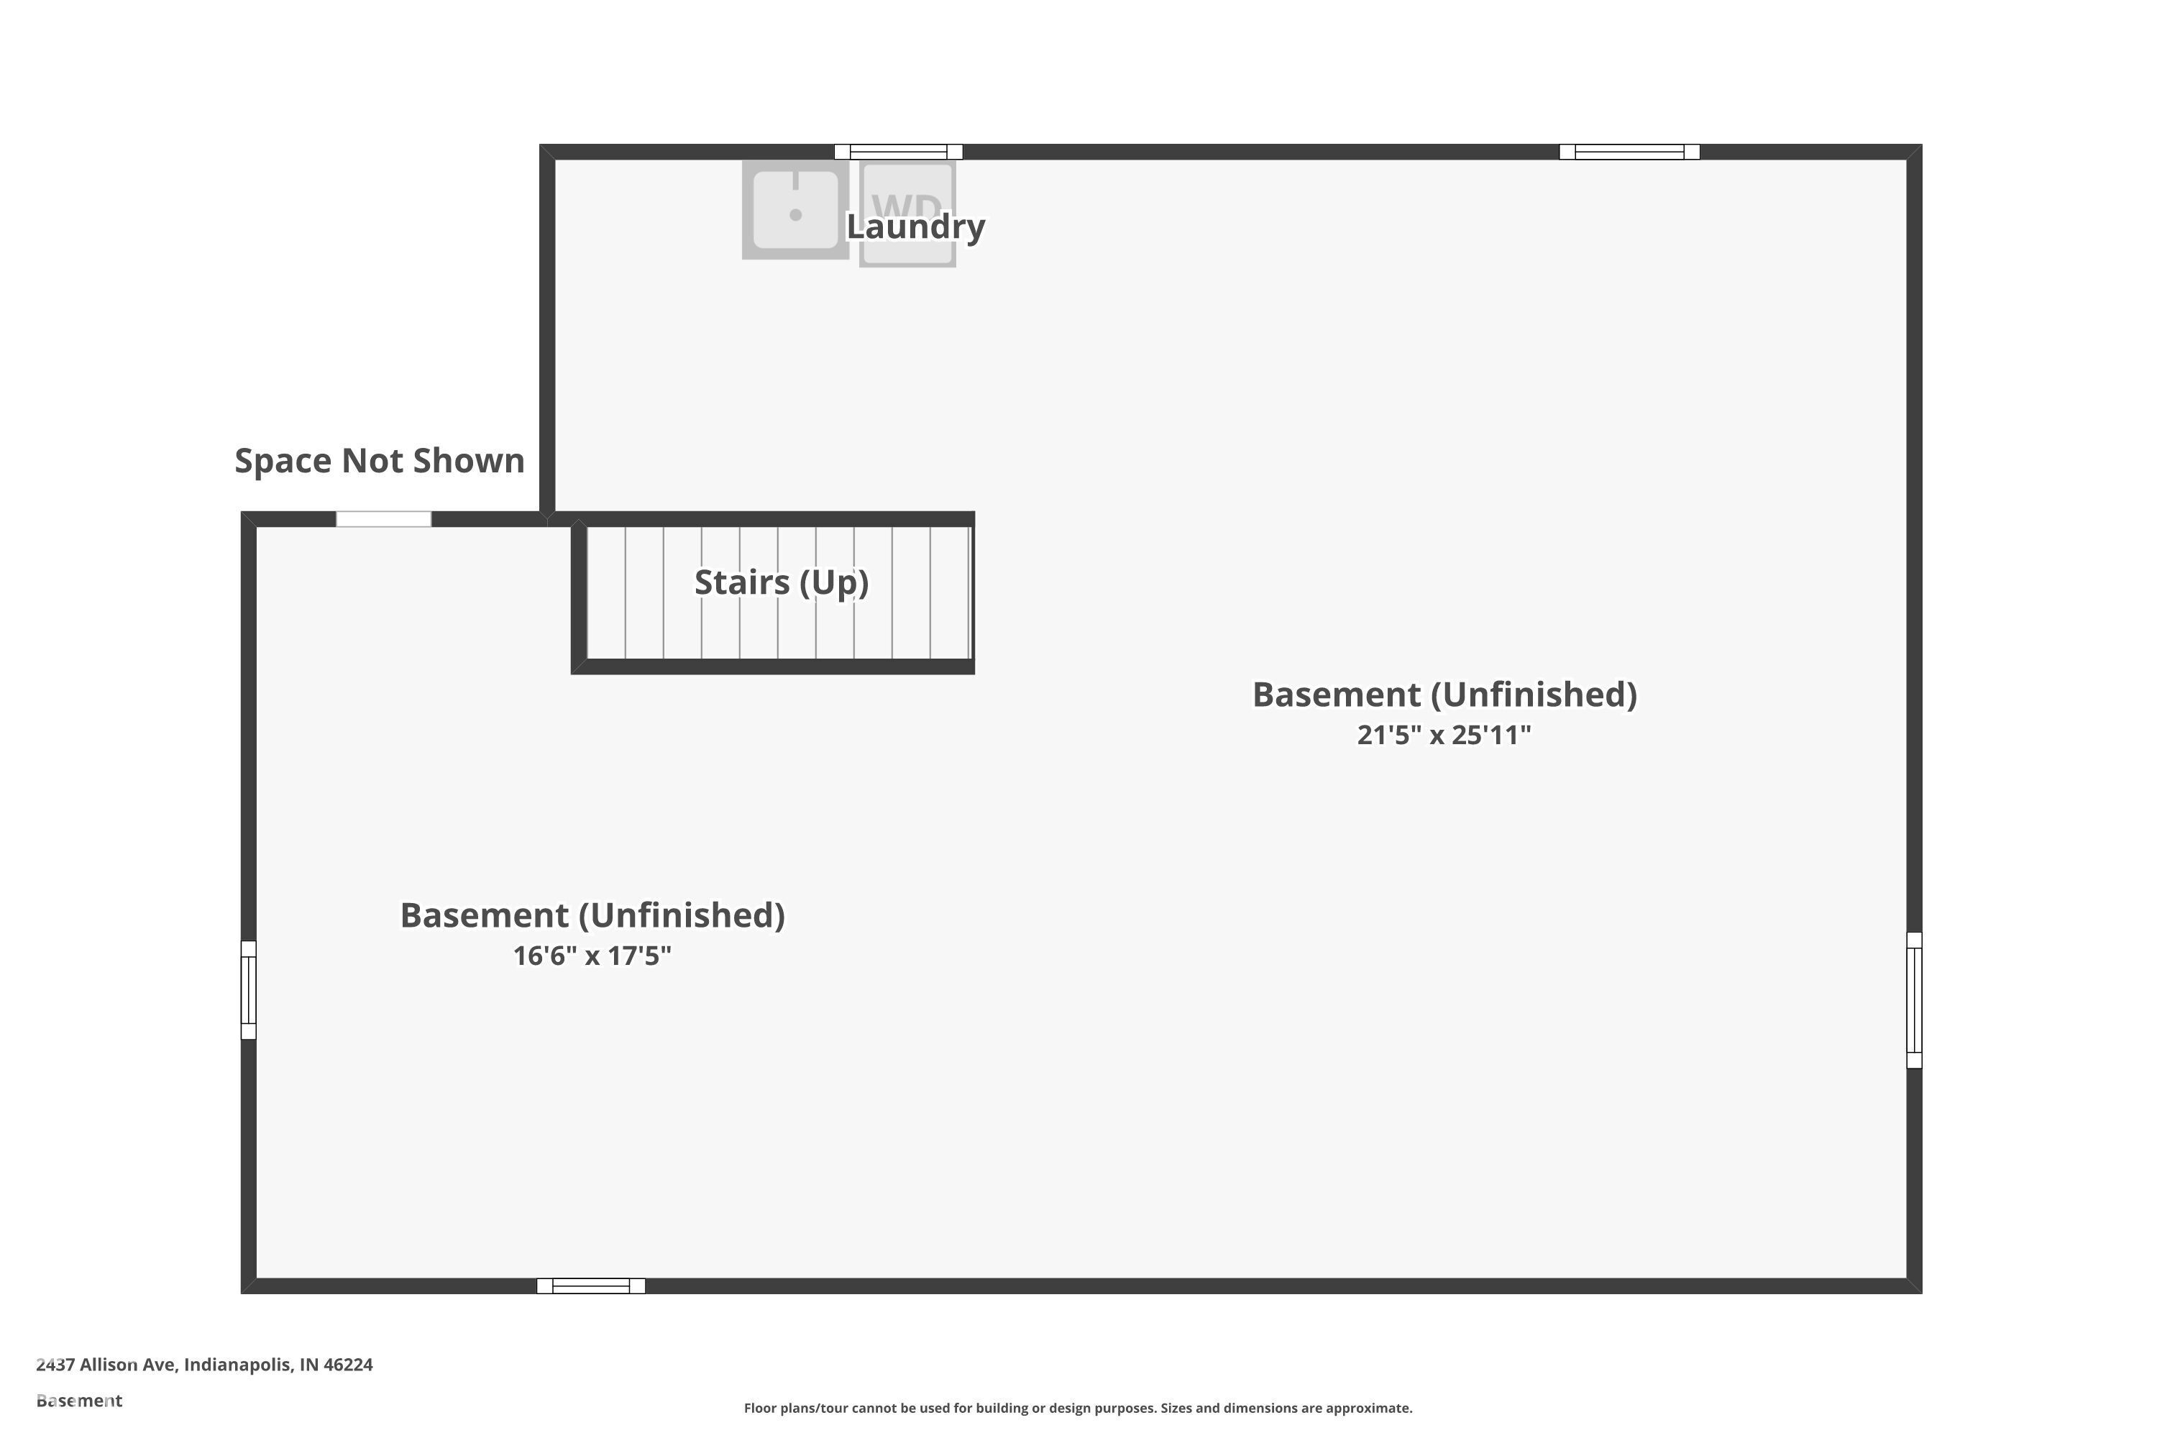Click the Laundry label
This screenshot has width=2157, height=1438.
pos(915,226)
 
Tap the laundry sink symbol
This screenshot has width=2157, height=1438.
pos(795,210)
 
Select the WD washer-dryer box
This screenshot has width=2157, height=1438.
pos(907,214)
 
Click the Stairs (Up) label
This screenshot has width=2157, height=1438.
pos(782,582)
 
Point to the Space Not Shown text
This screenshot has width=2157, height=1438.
pos(380,460)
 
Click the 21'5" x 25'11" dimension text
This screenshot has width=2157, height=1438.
pos(1444,736)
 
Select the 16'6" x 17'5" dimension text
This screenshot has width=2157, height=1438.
pos(592,956)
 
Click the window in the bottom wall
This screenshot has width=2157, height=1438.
pos(590,1286)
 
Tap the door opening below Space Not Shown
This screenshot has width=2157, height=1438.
pos(383,519)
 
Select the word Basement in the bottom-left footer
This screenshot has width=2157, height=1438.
pos(79,1401)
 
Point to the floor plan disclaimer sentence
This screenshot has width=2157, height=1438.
pos(1078,1408)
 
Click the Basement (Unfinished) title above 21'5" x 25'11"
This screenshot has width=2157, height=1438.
pos(1444,695)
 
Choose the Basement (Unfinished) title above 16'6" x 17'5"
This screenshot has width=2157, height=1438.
pos(592,916)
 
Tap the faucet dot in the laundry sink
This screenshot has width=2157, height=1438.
pos(795,214)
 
